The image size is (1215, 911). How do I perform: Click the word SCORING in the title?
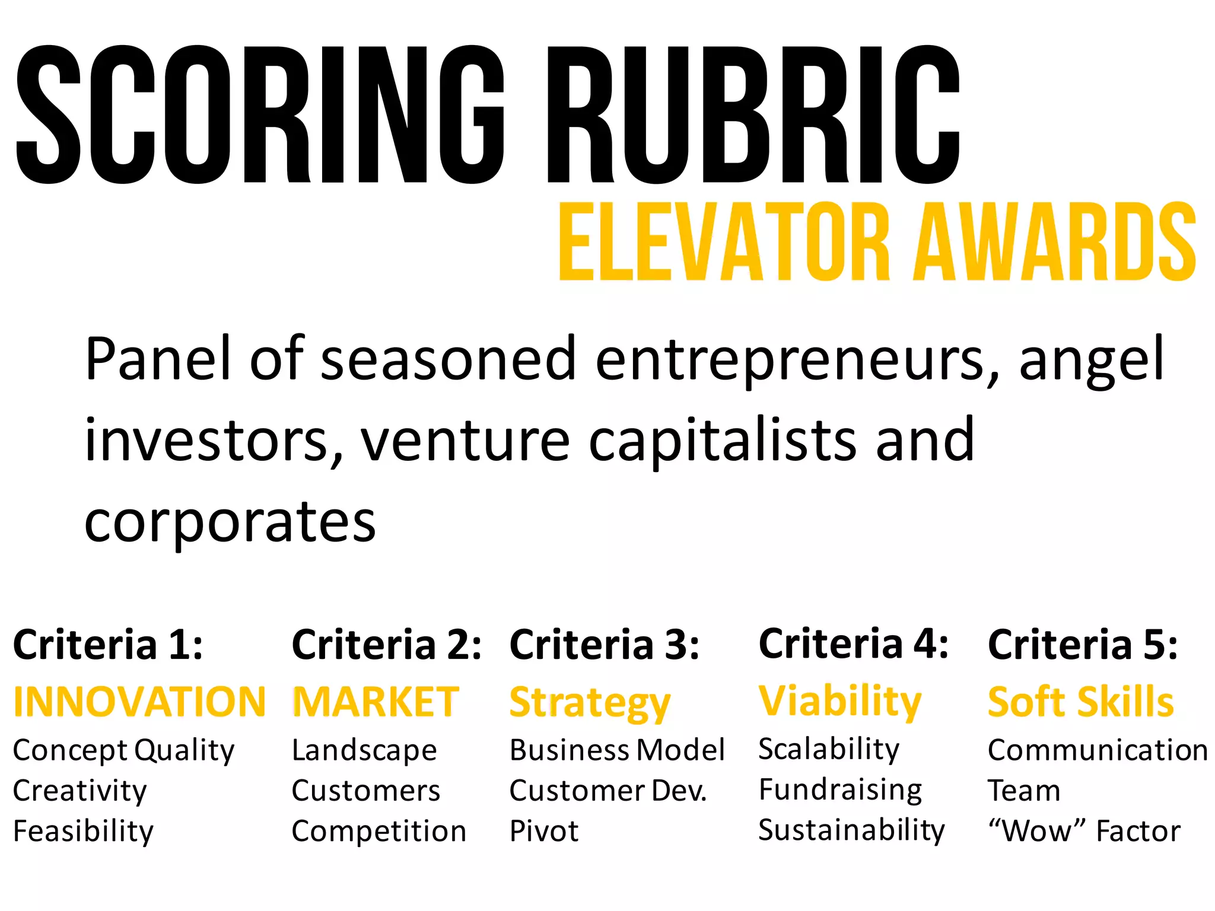coord(260,114)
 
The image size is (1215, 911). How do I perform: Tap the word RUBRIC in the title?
coord(753,114)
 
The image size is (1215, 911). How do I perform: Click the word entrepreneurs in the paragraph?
coord(790,359)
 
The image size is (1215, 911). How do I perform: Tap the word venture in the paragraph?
coord(466,440)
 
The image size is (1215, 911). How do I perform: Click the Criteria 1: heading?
coord(108,645)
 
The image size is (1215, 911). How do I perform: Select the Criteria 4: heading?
coord(853,644)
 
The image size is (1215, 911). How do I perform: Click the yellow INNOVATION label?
coord(139,702)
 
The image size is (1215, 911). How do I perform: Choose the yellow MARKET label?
coord(376,702)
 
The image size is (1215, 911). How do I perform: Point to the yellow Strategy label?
coord(590,703)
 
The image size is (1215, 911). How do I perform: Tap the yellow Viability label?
coord(840,702)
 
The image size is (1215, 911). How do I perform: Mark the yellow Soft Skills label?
coord(1080,702)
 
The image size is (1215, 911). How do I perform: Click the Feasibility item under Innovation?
coord(83,832)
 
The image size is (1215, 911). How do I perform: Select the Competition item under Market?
coord(379,832)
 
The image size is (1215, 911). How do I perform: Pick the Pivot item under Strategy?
coord(543,832)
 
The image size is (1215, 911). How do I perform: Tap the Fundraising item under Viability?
coord(840,790)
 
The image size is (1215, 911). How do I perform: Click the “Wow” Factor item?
coord(1084,832)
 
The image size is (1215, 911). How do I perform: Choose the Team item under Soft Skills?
coord(1023,791)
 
